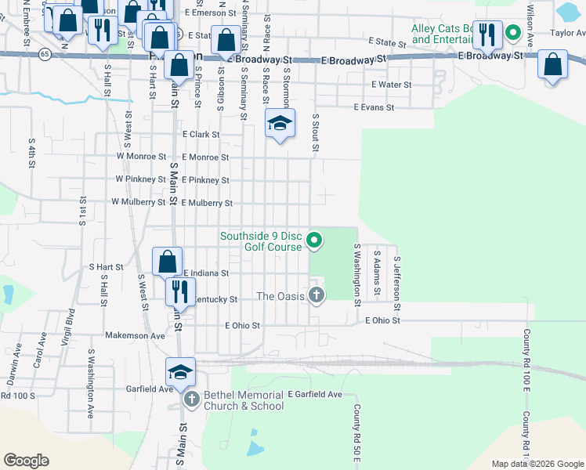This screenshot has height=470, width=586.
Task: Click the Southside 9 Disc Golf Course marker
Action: pyautogui.click(x=314, y=240)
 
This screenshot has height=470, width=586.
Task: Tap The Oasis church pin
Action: pyautogui.click(x=316, y=295)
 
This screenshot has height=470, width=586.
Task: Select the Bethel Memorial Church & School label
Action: pyautogui.click(x=244, y=400)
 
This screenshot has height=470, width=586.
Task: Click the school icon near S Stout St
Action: pyautogui.click(x=280, y=123)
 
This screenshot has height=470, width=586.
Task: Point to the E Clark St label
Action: pyautogui.click(x=201, y=135)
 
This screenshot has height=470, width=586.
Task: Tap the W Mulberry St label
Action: pyautogui.click(x=139, y=202)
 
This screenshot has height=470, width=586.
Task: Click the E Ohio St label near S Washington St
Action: pyautogui.click(x=384, y=320)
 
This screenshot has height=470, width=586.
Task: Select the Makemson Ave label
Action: pyautogui.click(x=135, y=335)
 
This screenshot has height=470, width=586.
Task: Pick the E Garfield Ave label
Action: pyautogui.click(x=315, y=394)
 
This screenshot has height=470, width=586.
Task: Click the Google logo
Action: pyautogui.click(x=26, y=461)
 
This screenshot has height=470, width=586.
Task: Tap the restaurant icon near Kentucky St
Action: pyautogui.click(x=180, y=291)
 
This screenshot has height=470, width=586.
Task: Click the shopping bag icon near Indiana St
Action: pyautogui.click(x=167, y=261)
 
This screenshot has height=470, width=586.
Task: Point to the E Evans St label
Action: pyautogui.click(x=373, y=107)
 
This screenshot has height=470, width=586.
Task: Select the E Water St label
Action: pyautogui.click(x=391, y=85)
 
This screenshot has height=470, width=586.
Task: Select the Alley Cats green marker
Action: pyautogui.click(x=513, y=33)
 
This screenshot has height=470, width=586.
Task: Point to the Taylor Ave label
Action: pyautogui.click(x=567, y=33)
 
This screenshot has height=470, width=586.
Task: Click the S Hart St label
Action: pyautogui.click(x=106, y=267)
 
